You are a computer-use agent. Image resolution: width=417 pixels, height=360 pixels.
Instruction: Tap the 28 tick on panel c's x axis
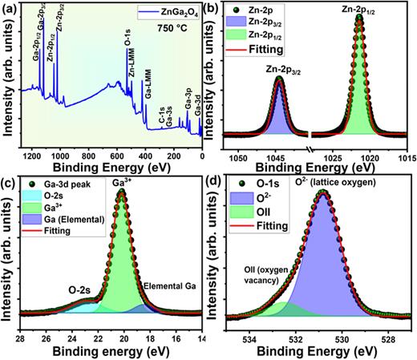point(19,337)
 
